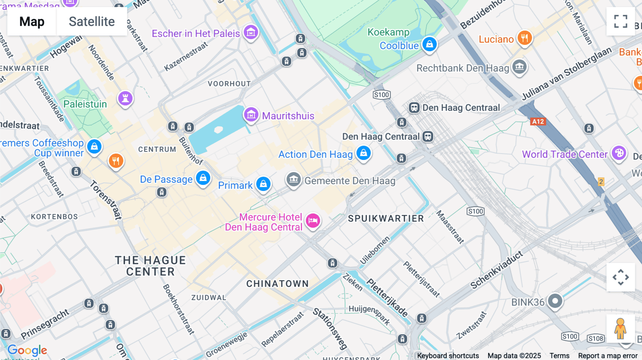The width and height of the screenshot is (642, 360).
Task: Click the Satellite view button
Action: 92,21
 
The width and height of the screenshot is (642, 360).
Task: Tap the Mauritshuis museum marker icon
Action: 251,115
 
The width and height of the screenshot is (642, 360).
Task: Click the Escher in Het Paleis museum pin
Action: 251,32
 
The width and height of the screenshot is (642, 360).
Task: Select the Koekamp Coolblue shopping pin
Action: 429,44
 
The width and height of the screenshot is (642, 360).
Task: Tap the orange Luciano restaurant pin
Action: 524,38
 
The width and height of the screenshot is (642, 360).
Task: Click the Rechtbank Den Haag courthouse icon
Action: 519,67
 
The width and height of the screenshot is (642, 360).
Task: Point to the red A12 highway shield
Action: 538,122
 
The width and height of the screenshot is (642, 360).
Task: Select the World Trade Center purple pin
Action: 619,153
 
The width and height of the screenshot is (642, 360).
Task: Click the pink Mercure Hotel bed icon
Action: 313,221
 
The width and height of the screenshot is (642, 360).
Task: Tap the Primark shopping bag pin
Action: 263,184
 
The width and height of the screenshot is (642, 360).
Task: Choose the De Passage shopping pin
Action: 203,178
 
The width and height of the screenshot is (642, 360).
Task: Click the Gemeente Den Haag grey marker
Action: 294,180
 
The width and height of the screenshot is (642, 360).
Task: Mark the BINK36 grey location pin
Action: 555,301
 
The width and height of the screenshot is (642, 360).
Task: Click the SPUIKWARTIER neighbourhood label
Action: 386,218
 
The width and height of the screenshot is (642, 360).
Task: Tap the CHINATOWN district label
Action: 277,284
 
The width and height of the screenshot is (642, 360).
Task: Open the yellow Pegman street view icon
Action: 620,329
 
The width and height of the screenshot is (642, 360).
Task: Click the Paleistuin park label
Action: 85,104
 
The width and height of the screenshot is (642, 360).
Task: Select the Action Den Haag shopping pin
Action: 363,153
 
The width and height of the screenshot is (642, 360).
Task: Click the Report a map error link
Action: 607,355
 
